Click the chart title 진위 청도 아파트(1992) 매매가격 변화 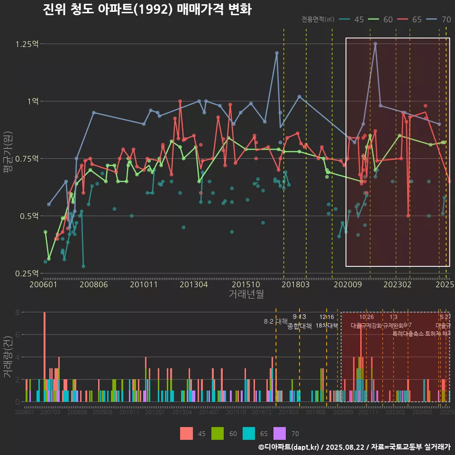pyautogui.click(x=147, y=9)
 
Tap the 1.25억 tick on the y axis pyautogui.click(x=27, y=44)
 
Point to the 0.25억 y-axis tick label pyautogui.click(x=27, y=273)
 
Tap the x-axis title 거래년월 pyautogui.click(x=246, y=294)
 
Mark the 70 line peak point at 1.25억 pyautogui.click(x=375, y=44)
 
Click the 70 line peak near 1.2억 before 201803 pyautogui.click(x=277, y=53)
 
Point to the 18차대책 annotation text pyautogui.click(x=327, y=326)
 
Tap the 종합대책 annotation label pyautogui.click(x=300, y=326)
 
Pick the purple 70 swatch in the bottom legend pyautogui.click(x=281, y=433)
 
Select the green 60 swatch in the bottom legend pyautogui.click(x=218, y=433)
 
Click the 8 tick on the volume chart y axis pyautogui.click(x=17, y=312)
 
